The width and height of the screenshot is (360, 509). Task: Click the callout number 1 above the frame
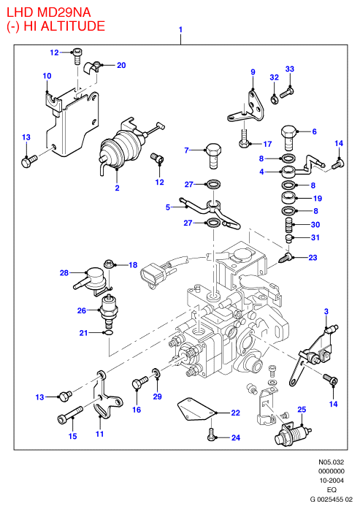coord(180,29)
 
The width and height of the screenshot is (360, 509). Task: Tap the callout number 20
coord(121,65)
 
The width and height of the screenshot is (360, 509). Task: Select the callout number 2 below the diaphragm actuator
coord(117,188)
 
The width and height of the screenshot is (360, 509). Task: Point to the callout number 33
coord(290,69)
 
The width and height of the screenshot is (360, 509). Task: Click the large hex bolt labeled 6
coord(288,137)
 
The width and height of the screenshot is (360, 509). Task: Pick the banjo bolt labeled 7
coord(214,156)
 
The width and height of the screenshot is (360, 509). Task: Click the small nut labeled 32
coord(275,99)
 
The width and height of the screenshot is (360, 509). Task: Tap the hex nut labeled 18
coord(108,264)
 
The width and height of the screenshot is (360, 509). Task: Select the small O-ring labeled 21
coord(108,333)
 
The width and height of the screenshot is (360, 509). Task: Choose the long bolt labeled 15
coord(70,415)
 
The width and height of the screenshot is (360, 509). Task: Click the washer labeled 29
coord(156,373)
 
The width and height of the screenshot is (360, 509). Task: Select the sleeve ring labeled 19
coord(288,199)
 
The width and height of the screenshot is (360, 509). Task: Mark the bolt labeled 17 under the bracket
coord(244,139)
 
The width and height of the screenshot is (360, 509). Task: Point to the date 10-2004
coord(331,481)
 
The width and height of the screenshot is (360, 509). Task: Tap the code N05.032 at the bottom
coord(331,462)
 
